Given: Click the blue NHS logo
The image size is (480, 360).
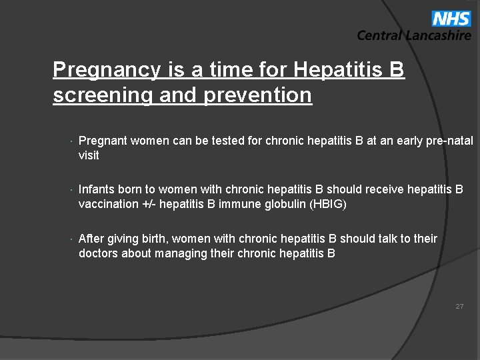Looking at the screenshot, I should [x=451, y=18].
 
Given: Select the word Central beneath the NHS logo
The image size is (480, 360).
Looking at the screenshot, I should [x=379, y=36].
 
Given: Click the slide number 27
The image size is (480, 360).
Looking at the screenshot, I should [x=459, y=307].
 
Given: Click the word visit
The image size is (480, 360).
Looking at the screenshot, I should [x=89, y=155].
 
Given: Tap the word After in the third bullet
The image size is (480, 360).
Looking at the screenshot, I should [x=91, y=239].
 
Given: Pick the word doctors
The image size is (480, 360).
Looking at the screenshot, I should [x=98, y=253].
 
